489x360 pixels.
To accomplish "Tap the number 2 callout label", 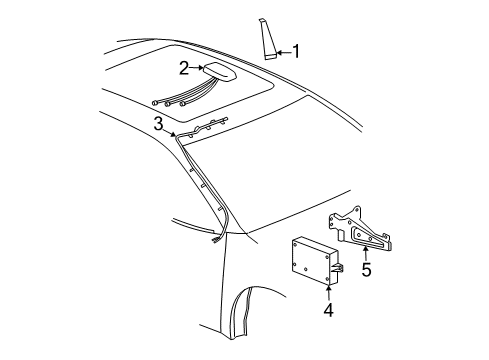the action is pyautogui.click(x=183, y=69).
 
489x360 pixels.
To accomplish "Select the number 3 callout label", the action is pyautogui.click(x=157, y=123).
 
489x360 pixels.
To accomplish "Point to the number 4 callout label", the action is pyautogui.click(x=327, y=310).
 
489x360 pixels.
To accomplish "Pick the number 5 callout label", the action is pyautogui.click(x=366, y=269).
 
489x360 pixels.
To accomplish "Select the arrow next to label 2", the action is pyautogui.click(x=196, y=69).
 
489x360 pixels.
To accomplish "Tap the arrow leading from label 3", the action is pyautogui.click(x=170, y=129).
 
